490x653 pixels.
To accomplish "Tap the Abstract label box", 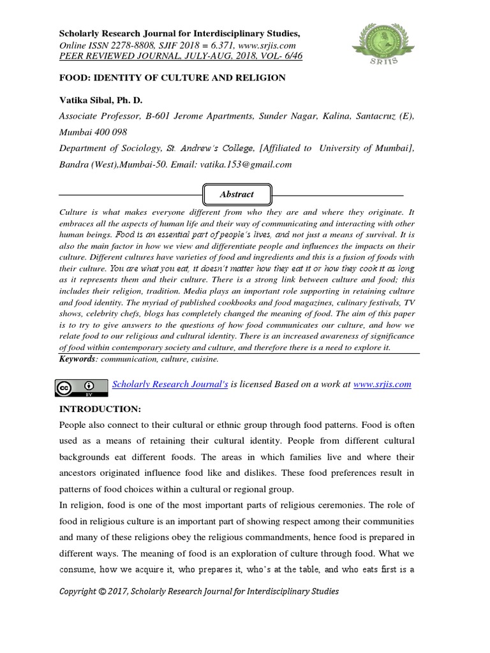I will pos(237,194).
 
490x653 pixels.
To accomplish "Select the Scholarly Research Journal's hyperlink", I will pos(170,384).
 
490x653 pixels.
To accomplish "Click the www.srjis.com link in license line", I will pos(382,384).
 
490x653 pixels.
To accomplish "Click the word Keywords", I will pos(77,360).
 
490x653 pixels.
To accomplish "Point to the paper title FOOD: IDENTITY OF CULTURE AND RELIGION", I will pos(172,77).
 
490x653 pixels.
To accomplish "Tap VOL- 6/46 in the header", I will pos(276,56).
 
